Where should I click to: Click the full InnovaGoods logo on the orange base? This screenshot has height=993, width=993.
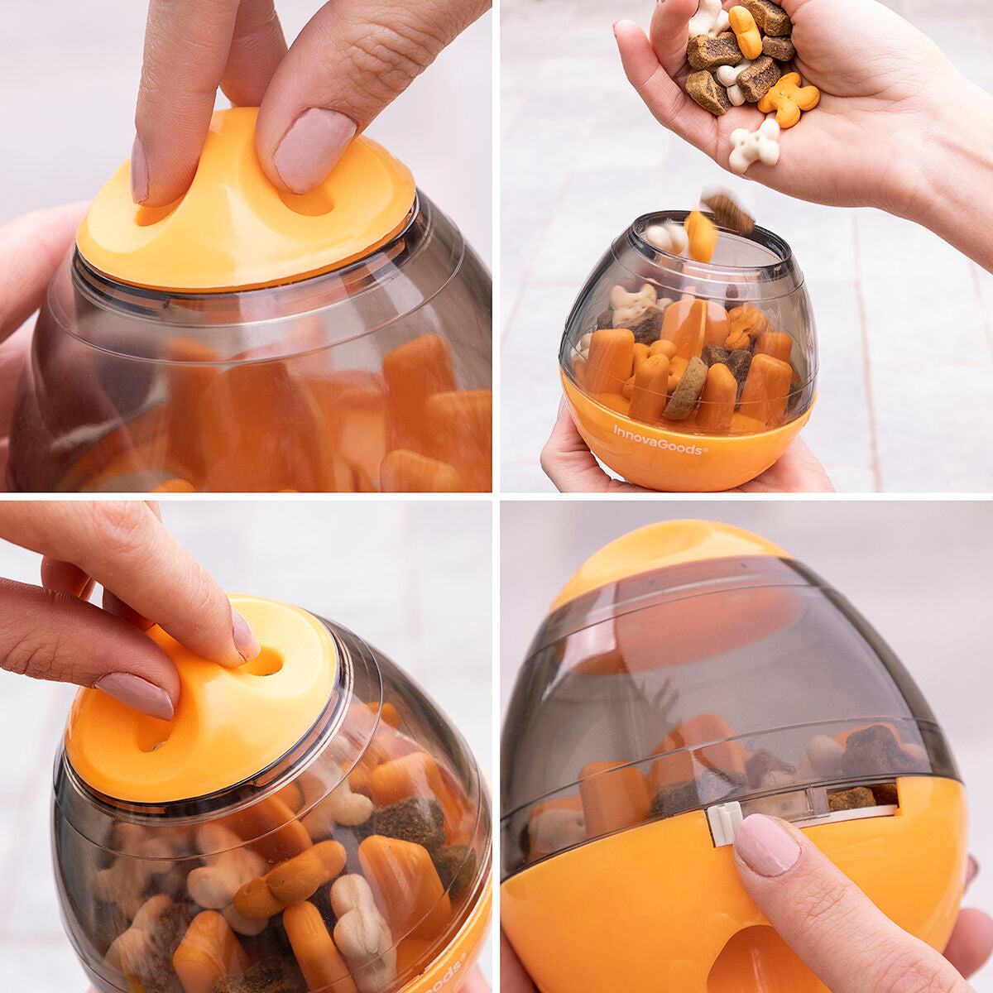point(660,439)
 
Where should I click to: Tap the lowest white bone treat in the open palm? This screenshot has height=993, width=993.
point(754,146)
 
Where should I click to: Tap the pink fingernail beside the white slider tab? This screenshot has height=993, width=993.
point(766,844)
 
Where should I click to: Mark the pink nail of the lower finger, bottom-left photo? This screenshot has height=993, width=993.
point(137,694)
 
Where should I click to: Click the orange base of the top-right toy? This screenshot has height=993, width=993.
point(687,451)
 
